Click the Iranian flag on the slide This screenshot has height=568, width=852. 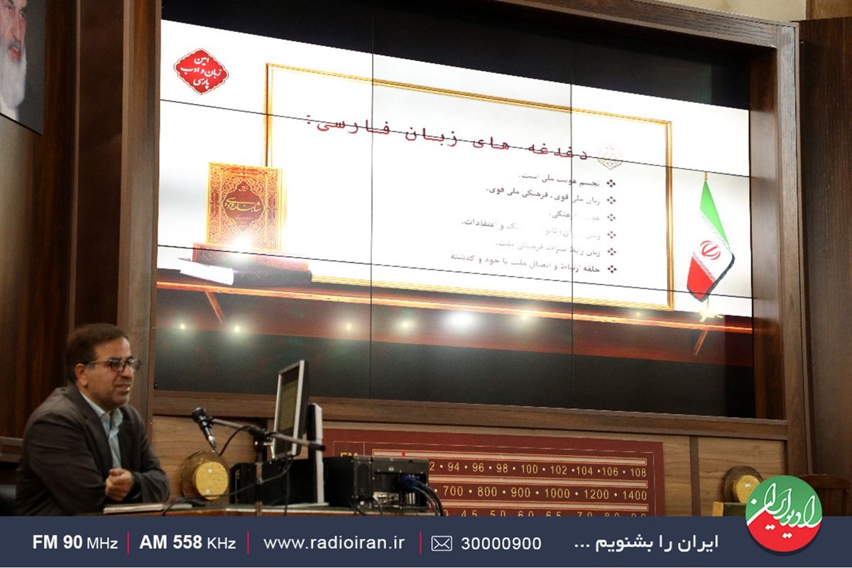tap(708, 241)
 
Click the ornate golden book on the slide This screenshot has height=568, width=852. tap(244, 206)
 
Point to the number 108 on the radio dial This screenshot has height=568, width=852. tap(637, 471)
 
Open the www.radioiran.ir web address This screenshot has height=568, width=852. tap(334, 542)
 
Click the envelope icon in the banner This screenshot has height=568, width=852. tap(441, 543)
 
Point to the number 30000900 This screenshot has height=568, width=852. tap(501, 543)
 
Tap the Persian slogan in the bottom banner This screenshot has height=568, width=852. tap(645, 543)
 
